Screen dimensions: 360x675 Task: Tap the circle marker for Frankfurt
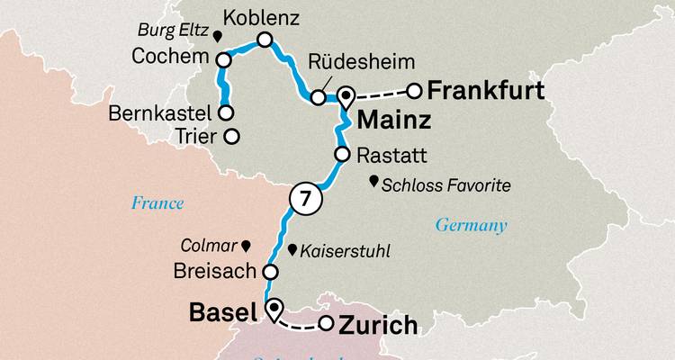[x=415, y=91]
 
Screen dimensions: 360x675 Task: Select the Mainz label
[x=392, y=120]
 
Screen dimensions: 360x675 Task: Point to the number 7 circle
[x=304, y=201]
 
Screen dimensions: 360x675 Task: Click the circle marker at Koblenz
[x=265, y=40]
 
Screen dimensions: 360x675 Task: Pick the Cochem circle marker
[x=224, y=59]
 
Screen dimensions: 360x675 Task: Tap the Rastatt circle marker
[x=342, y=155]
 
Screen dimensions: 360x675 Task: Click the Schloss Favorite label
[x=445, y=186]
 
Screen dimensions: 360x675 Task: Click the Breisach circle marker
[x=269, y=270]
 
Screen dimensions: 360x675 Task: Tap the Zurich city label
[x=377, y=326]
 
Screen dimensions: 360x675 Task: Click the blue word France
[x=157, y=203]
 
